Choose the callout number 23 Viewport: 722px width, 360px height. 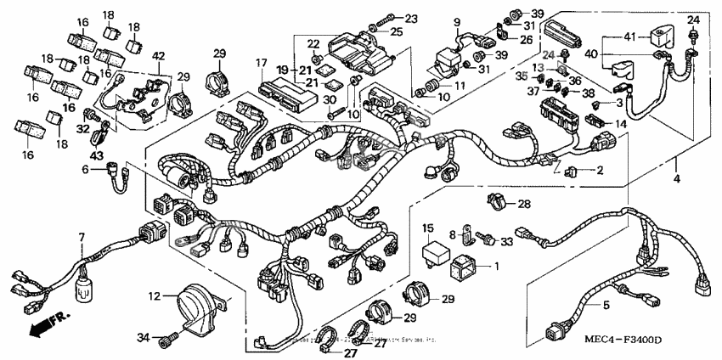point(411,18)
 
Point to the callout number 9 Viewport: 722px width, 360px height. point(456,22)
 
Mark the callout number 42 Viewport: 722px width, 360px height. point(158,56)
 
